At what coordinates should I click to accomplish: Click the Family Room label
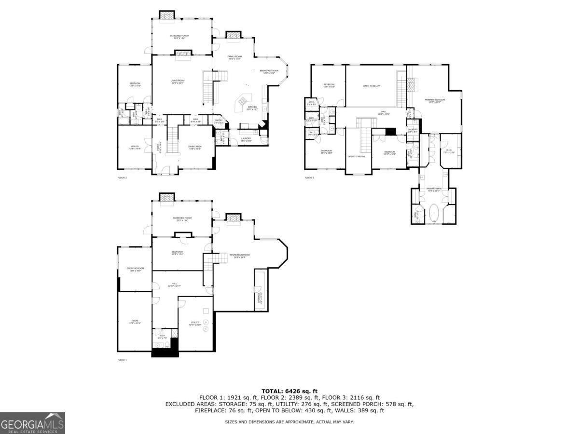click(x=234, y=57)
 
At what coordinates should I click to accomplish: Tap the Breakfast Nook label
click(x=269, y=72)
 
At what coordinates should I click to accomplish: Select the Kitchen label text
click(x=252, y=108)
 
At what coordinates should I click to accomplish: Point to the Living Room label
click(x=178, y=81)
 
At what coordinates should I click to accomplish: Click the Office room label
click(x=135, y=147)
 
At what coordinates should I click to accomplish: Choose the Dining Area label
click(x=194, y=148)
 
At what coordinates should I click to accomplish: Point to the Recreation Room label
click(x=239, y=256)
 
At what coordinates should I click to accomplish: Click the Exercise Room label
click(x=135, y=270)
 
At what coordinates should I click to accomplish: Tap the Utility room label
click(x=194, y=324)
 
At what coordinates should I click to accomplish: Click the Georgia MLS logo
click(x=32, y=423)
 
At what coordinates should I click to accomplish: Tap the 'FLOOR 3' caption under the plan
click(x=309, y=178)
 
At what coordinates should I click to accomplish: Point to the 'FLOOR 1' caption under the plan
click(x=123, y=360)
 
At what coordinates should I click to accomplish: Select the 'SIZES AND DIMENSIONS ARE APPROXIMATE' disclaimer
click(x=289, y=422)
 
